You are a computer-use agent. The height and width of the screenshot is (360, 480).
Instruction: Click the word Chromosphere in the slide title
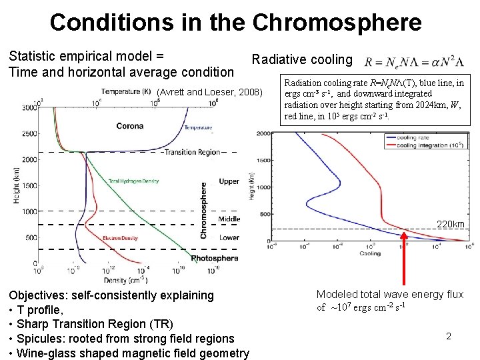pos(337,22)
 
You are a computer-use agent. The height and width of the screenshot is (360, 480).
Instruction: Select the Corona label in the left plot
pos(129,126)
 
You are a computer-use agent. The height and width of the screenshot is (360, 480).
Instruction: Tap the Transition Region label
pos(191,152)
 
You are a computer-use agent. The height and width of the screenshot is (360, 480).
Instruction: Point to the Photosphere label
pos(215,258)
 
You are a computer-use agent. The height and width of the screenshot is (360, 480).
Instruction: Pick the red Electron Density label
pos(120,238)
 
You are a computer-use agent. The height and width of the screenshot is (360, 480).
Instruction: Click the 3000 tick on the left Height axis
pos(30,107)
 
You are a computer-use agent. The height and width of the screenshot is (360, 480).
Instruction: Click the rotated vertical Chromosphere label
pos(203,211)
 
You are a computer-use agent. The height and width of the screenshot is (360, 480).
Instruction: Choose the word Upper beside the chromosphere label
pos(229,181)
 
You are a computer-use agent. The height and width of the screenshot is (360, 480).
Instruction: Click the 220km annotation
pos(450,224)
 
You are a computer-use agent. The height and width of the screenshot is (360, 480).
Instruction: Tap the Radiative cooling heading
pos(301,60)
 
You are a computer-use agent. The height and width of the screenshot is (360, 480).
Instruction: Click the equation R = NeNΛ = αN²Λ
pos(414,62)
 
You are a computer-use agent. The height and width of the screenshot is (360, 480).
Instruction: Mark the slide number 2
pos(448,337)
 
